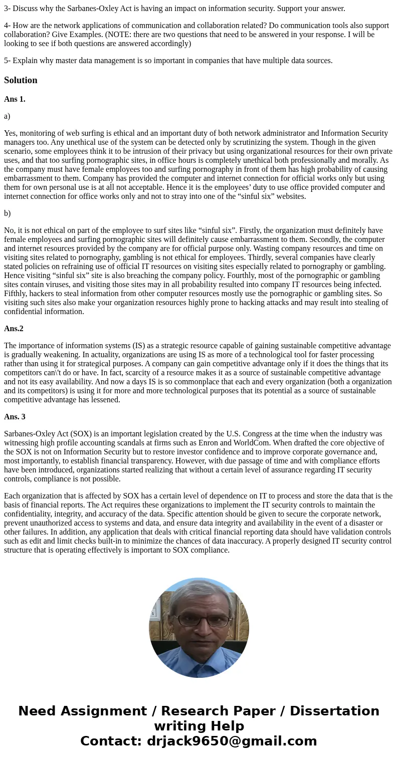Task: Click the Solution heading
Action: point(21,80)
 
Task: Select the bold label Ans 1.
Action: point(15,99)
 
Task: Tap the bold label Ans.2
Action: point(14,329)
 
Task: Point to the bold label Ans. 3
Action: point(15,417)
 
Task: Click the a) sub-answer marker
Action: point(7,116)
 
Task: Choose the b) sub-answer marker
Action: point(7,213)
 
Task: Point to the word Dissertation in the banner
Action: point(334,711)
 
